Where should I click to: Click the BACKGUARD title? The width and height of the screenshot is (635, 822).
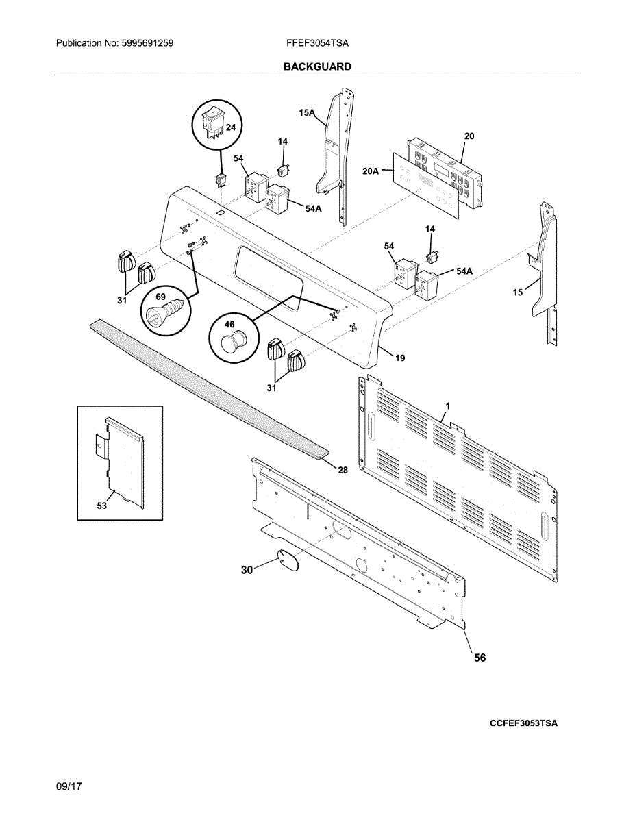pos(317,66)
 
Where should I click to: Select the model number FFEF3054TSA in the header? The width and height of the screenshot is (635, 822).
pos(317,43)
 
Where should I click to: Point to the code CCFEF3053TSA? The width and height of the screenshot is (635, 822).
pos(523,723)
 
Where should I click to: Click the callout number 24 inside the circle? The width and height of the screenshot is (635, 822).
pos(230,127)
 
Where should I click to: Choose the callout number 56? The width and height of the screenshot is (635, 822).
pos(480,658)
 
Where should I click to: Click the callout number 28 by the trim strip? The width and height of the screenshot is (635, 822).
pos(343,470)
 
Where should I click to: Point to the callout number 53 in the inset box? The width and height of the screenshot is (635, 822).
pos(102,506)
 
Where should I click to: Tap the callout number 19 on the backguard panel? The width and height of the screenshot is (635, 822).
pos(400,358)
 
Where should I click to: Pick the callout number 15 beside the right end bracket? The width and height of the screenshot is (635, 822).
pos(519,292)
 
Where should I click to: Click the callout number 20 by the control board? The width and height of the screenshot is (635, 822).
pos(469,136)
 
